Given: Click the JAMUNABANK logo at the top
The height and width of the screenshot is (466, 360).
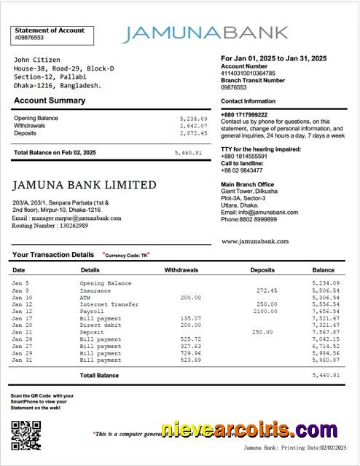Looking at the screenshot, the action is (206, 33).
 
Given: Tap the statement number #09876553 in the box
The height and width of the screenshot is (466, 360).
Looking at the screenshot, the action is (29, 38).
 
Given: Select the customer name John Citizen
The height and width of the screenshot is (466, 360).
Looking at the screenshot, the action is (37, 60).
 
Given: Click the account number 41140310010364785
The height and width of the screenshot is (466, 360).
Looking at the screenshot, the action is (248, 73).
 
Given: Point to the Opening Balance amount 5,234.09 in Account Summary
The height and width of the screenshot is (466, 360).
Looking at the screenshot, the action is (193, 118).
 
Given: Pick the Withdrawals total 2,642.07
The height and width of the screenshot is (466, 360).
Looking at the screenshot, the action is (193, 126).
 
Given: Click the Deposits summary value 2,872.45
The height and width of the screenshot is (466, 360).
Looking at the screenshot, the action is (193, 133).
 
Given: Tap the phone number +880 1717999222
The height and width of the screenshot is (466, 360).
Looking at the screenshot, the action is (244, 115).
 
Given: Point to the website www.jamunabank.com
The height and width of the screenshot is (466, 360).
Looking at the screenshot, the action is (254, 241).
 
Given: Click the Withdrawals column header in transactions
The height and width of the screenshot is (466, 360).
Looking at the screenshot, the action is (181, 270).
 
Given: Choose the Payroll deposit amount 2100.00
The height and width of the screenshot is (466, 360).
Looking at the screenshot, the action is (265, 311).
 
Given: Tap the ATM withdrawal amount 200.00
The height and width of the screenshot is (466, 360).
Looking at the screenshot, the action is (190, 297).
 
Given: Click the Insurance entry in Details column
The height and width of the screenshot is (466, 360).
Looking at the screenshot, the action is (95, 290).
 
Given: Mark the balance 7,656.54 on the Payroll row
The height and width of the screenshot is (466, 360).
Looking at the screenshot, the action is (325, 311).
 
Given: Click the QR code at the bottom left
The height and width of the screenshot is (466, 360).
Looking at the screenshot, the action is (26, 435).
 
